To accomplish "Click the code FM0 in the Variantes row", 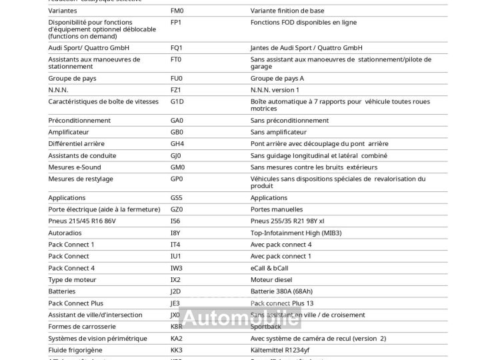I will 177,11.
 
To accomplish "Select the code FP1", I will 176,23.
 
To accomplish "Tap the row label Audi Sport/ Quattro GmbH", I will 89,48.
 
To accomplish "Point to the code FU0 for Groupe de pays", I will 176,78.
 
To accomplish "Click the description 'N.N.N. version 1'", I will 275,90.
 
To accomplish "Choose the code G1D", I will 177,102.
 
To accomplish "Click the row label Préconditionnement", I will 79,121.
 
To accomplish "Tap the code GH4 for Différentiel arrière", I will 177,144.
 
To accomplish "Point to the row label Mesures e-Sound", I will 75,167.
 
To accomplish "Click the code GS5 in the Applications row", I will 177,198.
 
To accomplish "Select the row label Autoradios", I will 65,233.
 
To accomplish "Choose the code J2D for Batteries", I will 176,291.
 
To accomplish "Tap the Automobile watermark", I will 241,319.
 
